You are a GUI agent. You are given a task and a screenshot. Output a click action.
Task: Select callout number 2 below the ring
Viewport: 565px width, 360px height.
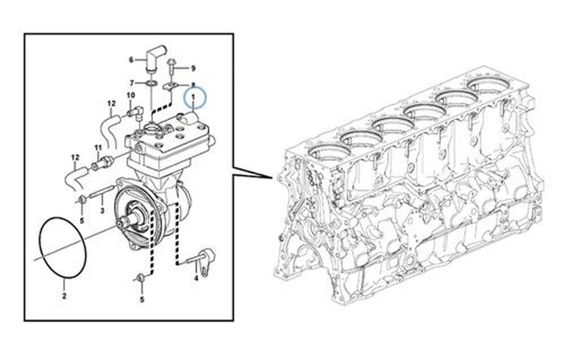[x=64, y=296]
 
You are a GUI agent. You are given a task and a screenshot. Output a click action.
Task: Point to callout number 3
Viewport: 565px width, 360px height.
[x=102, y=211]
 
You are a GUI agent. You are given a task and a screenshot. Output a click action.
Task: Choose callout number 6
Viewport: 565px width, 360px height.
[x=132, y=59]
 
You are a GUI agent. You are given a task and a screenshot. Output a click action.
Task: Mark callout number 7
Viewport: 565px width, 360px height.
[x=131, y=82]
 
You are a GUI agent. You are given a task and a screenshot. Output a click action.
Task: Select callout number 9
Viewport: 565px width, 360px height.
[x=194, y=70]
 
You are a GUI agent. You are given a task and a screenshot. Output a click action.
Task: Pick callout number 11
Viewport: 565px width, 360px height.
[x=97, y=147]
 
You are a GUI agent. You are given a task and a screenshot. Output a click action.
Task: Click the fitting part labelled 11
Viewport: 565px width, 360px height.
[x=100, y=162]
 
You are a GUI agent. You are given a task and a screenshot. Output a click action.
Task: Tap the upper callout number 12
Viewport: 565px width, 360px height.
[x=111, y=103]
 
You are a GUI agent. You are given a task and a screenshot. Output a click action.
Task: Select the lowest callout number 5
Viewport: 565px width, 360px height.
[x=142, y=299]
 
